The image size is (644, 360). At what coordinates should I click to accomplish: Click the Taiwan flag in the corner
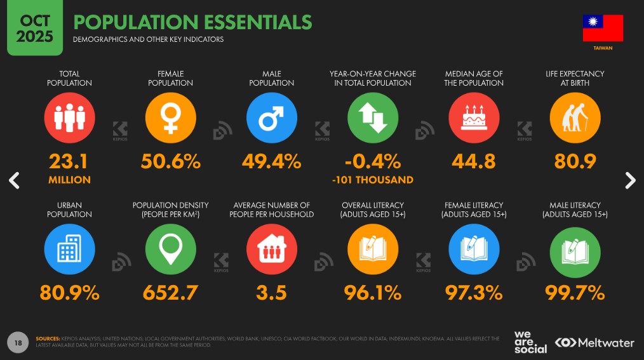(603, 28)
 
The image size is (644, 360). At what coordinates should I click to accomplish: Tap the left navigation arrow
(14, 180)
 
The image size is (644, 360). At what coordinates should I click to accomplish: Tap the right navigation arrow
(630, 180)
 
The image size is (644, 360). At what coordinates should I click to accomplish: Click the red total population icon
(69, 117)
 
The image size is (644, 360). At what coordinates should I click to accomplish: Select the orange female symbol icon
(170, 117)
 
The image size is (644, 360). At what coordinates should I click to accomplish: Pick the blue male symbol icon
(272, 117)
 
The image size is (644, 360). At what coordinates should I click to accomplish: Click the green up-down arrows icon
(373, 117)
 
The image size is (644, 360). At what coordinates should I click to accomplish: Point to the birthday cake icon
(474, 117)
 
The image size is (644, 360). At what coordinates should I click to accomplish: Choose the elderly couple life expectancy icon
(575, 117)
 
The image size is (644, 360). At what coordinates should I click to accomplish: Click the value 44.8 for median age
(474, 162)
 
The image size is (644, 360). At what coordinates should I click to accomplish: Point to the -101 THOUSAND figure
(373, 180)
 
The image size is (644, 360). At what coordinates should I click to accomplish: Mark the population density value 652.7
(170, 293)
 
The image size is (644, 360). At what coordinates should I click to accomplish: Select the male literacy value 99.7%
(575, 293)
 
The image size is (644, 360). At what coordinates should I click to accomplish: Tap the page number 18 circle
(18, 343)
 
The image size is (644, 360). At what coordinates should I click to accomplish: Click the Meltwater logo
(594, 343)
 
